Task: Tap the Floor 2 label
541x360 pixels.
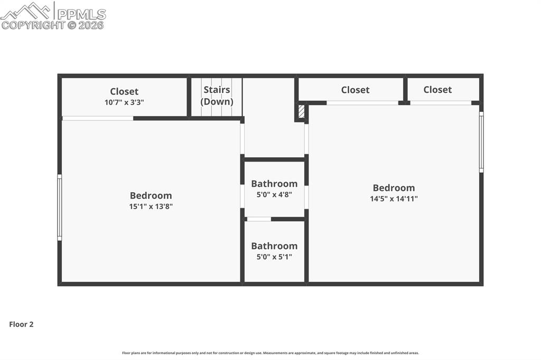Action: click(21, 325)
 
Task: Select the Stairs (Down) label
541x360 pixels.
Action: click(217, 96)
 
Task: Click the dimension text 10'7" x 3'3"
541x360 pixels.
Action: click(125, 102)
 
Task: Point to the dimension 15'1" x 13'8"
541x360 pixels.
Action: click(151, 207)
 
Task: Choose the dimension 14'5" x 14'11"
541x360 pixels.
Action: click(394, 199)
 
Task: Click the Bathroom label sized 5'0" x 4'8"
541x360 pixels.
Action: click(274, 184)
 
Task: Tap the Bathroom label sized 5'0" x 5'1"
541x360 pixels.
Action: click(274, 246)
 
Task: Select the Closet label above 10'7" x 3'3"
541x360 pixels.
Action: click(124, 91)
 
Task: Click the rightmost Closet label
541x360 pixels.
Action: click(437, 90)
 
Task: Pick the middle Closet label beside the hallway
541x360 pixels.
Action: click(355, 90)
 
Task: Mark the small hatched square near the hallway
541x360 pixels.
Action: click(301, 112)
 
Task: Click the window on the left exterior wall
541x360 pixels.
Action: click(60, 207)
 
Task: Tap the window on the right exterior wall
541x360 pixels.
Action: click(481, 142)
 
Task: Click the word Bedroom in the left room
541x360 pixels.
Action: click(151, 195)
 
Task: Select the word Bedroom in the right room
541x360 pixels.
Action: click(394, 188)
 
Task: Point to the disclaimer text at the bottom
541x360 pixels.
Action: click(270, 353)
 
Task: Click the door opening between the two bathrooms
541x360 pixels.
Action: click(259, 219)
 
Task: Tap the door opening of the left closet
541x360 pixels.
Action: click(98, 118)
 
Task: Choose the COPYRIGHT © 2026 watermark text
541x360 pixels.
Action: click(53, 25)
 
